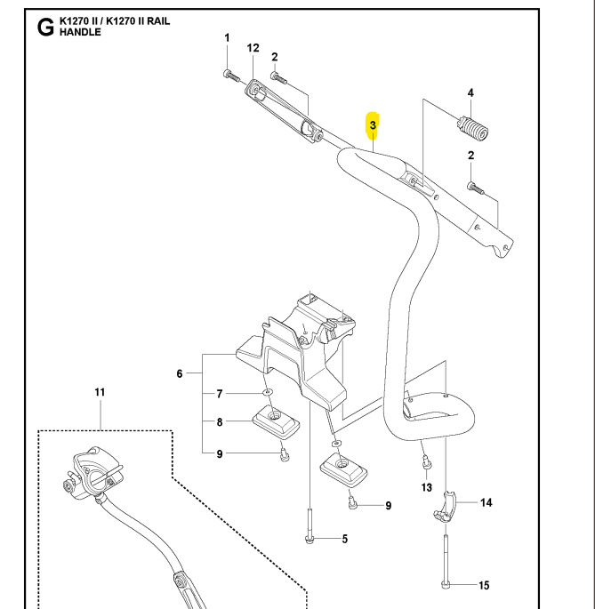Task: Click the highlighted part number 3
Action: tap(374, 125)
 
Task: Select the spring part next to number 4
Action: tap(471, 128)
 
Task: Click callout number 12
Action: tap(253, 47)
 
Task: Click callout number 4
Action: tap(470, 93)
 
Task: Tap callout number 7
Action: tap(219, 393)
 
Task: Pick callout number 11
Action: tap(100, 392)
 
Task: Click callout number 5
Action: tap(344, 539)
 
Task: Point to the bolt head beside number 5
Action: tap(309, 538)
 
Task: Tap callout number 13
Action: tap(426, 488)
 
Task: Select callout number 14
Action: tap(486, 503)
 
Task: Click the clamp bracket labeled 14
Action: tap(445, 509)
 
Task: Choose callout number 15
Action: tap(484, 585)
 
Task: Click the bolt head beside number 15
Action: tap(445, 584)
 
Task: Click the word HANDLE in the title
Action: tap(80, 32)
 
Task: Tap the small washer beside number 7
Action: tap(266, 392)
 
